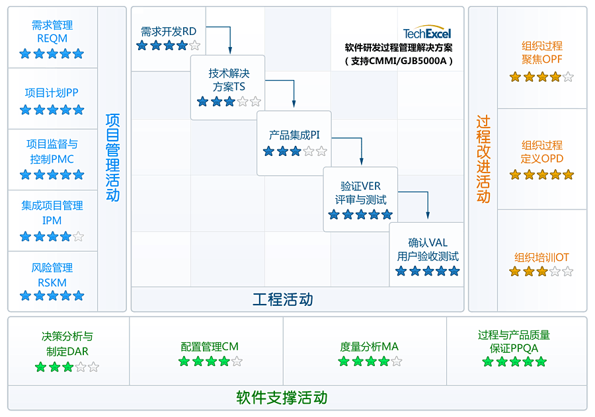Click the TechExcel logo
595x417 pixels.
427,34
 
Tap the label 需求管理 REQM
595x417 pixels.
52,32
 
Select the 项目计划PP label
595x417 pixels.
52,93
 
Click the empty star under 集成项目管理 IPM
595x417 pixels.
79,237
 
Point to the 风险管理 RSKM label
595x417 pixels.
52,275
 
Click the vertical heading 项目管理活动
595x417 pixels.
112,157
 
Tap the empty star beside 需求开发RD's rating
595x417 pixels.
194,46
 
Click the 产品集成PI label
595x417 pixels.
294,135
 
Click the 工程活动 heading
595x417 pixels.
283,299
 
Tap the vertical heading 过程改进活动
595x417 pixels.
483,159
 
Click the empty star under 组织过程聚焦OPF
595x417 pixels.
568,77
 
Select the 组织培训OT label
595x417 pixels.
541,258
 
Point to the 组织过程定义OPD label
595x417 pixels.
542,152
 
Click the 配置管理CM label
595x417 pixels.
210,346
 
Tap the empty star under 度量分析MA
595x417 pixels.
397,361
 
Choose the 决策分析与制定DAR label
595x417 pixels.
67,344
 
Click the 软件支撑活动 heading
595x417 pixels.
282,398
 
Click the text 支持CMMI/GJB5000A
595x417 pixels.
399,61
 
